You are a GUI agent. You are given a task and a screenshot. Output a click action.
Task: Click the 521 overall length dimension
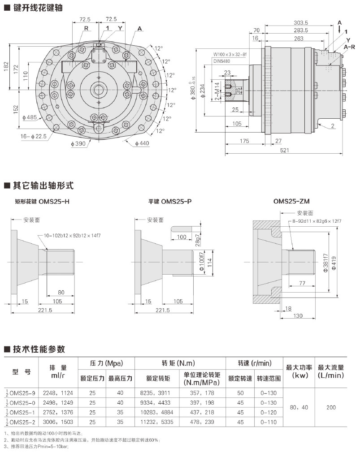(284, 150)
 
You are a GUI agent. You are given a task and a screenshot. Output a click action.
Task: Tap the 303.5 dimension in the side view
(301, 23)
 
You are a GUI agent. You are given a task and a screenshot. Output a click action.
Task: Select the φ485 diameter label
(32, 117)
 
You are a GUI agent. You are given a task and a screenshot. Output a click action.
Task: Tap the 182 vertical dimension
(6, 66)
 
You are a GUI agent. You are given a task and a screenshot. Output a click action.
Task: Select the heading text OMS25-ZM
(291, 202)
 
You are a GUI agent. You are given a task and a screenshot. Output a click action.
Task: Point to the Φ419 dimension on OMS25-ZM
(334, 263)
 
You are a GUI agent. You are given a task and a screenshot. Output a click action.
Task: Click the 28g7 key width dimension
(197, 242)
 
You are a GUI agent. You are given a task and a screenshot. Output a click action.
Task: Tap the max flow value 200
(330, 407)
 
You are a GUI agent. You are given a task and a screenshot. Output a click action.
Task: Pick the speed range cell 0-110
(269, 422)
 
